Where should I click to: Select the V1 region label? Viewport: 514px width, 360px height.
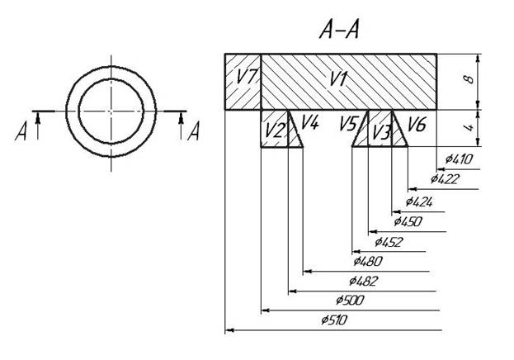337,79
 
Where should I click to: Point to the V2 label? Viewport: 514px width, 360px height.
275,130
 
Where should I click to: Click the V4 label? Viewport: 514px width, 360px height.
309,123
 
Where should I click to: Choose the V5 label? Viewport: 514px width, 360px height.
348,124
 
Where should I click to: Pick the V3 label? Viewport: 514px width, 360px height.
380,131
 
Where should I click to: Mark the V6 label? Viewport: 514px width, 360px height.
417,125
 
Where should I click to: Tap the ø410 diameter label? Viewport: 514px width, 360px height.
458,158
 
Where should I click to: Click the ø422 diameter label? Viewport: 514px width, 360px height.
445,178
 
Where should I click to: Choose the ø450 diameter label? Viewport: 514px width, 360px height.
408,221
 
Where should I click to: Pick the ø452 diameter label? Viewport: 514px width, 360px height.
389,242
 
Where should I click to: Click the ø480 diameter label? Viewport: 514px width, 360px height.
369,262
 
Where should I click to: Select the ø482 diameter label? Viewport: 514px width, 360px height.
364,282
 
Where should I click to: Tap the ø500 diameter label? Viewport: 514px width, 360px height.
350,301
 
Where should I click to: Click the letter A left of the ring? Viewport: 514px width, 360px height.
22,131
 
